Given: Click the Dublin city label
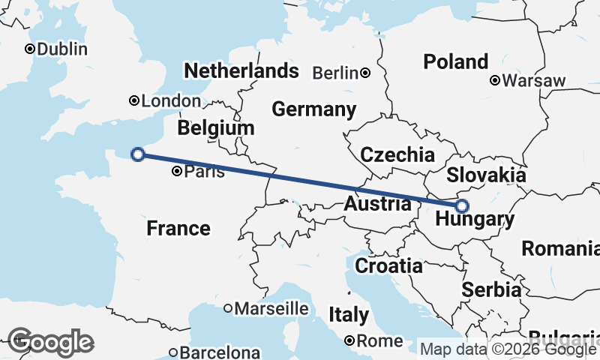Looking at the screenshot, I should (62, 49).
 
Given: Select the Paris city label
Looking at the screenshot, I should (205, 172).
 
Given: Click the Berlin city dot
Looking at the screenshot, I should (365, 73).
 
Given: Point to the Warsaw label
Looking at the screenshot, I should (534, 80).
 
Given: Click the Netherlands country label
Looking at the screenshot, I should (241, 71).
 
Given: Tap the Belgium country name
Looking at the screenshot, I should (216, 128).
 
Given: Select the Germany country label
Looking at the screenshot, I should (313, 109).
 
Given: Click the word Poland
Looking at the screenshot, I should (455, 61).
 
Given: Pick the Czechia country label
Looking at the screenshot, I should (397, 155).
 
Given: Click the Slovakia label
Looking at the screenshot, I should (485, 175).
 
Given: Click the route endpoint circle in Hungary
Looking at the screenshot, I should (462, 205).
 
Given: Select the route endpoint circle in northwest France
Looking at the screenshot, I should (137, 154).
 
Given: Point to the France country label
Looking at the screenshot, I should (178, 228).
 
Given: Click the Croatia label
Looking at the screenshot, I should (388, 265).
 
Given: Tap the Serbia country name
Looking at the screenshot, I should (491, 289).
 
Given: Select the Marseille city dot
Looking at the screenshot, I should (229, 308).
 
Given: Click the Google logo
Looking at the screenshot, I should (50, 342).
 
